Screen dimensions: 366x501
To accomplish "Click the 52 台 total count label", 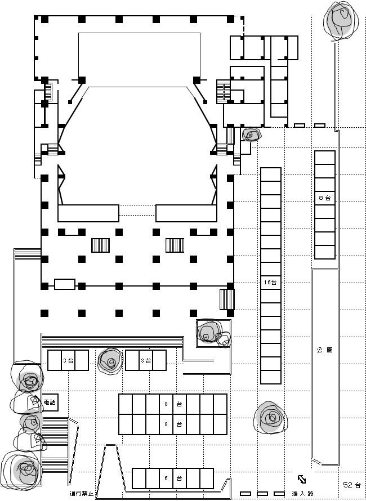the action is (352, 485).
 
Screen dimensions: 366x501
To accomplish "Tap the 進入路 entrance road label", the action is (302, 493).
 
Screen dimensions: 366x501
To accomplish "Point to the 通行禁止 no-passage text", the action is (82, 493).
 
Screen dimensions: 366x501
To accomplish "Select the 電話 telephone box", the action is (50, 402).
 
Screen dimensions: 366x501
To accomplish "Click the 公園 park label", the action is (325, 350).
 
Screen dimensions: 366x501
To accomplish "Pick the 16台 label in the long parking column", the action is (270, 283).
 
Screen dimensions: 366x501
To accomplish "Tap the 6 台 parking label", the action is (173, 478).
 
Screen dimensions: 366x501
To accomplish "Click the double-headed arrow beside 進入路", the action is (302, 479).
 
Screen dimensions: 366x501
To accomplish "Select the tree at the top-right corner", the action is (341, 21).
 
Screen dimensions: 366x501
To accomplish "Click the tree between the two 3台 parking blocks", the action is (110, 361).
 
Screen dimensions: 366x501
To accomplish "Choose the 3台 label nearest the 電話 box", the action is (68, 361).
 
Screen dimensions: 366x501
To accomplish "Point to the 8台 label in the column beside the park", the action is (325, 198).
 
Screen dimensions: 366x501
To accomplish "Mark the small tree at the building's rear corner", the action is (251, 135).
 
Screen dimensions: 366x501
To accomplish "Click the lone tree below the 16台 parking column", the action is (271, 417).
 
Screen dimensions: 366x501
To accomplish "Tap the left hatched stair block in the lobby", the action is (100, 245).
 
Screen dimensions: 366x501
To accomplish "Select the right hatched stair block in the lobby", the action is (175, 245).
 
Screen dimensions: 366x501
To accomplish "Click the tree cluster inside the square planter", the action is (213, 333).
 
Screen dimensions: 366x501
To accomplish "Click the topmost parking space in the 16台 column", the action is (271, 175).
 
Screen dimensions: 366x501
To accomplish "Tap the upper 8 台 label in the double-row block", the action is (173, 404).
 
